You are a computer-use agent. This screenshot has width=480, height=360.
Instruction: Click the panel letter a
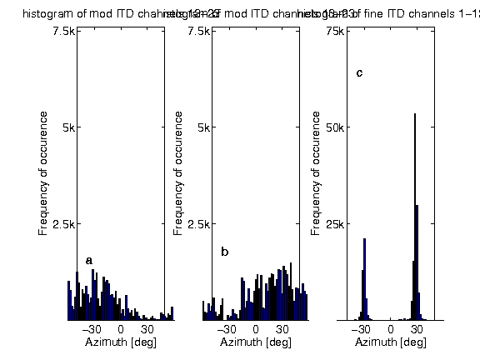tap(89, 261)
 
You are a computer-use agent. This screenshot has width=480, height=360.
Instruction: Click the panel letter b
tap(224, 252)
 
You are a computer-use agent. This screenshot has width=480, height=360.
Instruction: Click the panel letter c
tap(359, 72)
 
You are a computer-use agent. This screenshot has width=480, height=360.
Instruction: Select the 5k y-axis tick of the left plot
tap(67, 127)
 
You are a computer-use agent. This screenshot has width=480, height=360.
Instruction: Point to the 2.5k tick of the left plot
tap(63, 224)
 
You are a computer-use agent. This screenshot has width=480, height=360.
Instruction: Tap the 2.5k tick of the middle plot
tap(198, 224)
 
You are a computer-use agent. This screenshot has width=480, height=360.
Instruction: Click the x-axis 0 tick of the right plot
tap(391, 329)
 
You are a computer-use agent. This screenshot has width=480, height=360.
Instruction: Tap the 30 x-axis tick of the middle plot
tap(282, 329)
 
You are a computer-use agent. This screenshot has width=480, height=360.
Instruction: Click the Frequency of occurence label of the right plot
tap(316, 175)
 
